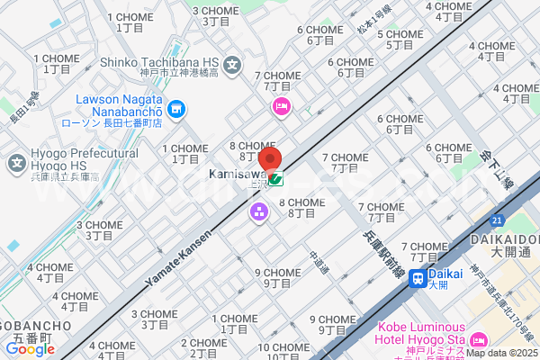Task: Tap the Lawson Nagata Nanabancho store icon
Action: tap(176, 110)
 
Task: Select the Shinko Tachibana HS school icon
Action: tap(232, 65)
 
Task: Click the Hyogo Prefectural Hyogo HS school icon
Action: tap(16, 164)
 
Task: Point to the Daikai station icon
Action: tap(418, 278)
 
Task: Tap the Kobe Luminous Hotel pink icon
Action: tap(477, 339)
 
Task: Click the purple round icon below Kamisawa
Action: tap(259, 212)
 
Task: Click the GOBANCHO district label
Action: tap(31, 325)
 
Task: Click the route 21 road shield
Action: tap(497, 219)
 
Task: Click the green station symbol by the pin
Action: tap(275, 179)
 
